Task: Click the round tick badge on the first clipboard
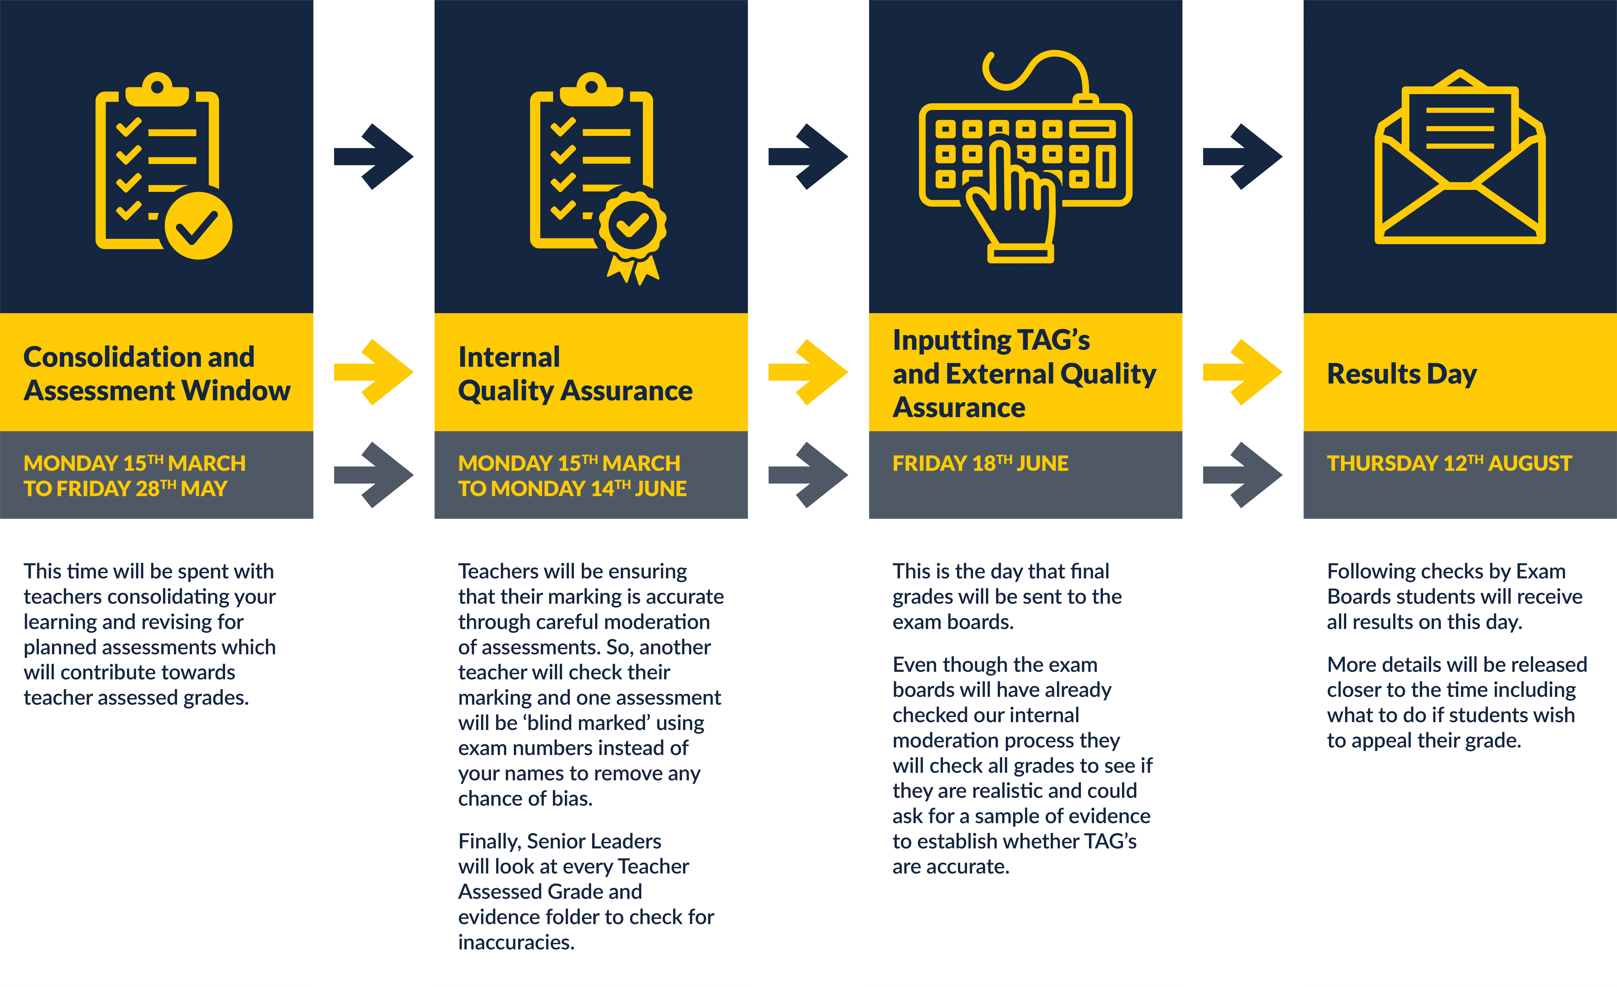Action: [198, 226]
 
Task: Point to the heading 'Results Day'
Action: [1402, 374]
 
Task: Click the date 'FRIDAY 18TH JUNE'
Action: [980, 463]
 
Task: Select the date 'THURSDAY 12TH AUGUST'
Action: [1449, 463]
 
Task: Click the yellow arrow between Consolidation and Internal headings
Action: [373, 372]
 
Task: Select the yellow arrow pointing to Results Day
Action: [1242, 372]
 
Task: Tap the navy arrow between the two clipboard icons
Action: [373, 157]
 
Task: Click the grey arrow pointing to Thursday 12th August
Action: [1242, 475]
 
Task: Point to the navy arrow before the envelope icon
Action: [1242, 157]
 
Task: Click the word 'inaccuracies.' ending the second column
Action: [516, 942]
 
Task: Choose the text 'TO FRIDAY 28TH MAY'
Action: [125, 489]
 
